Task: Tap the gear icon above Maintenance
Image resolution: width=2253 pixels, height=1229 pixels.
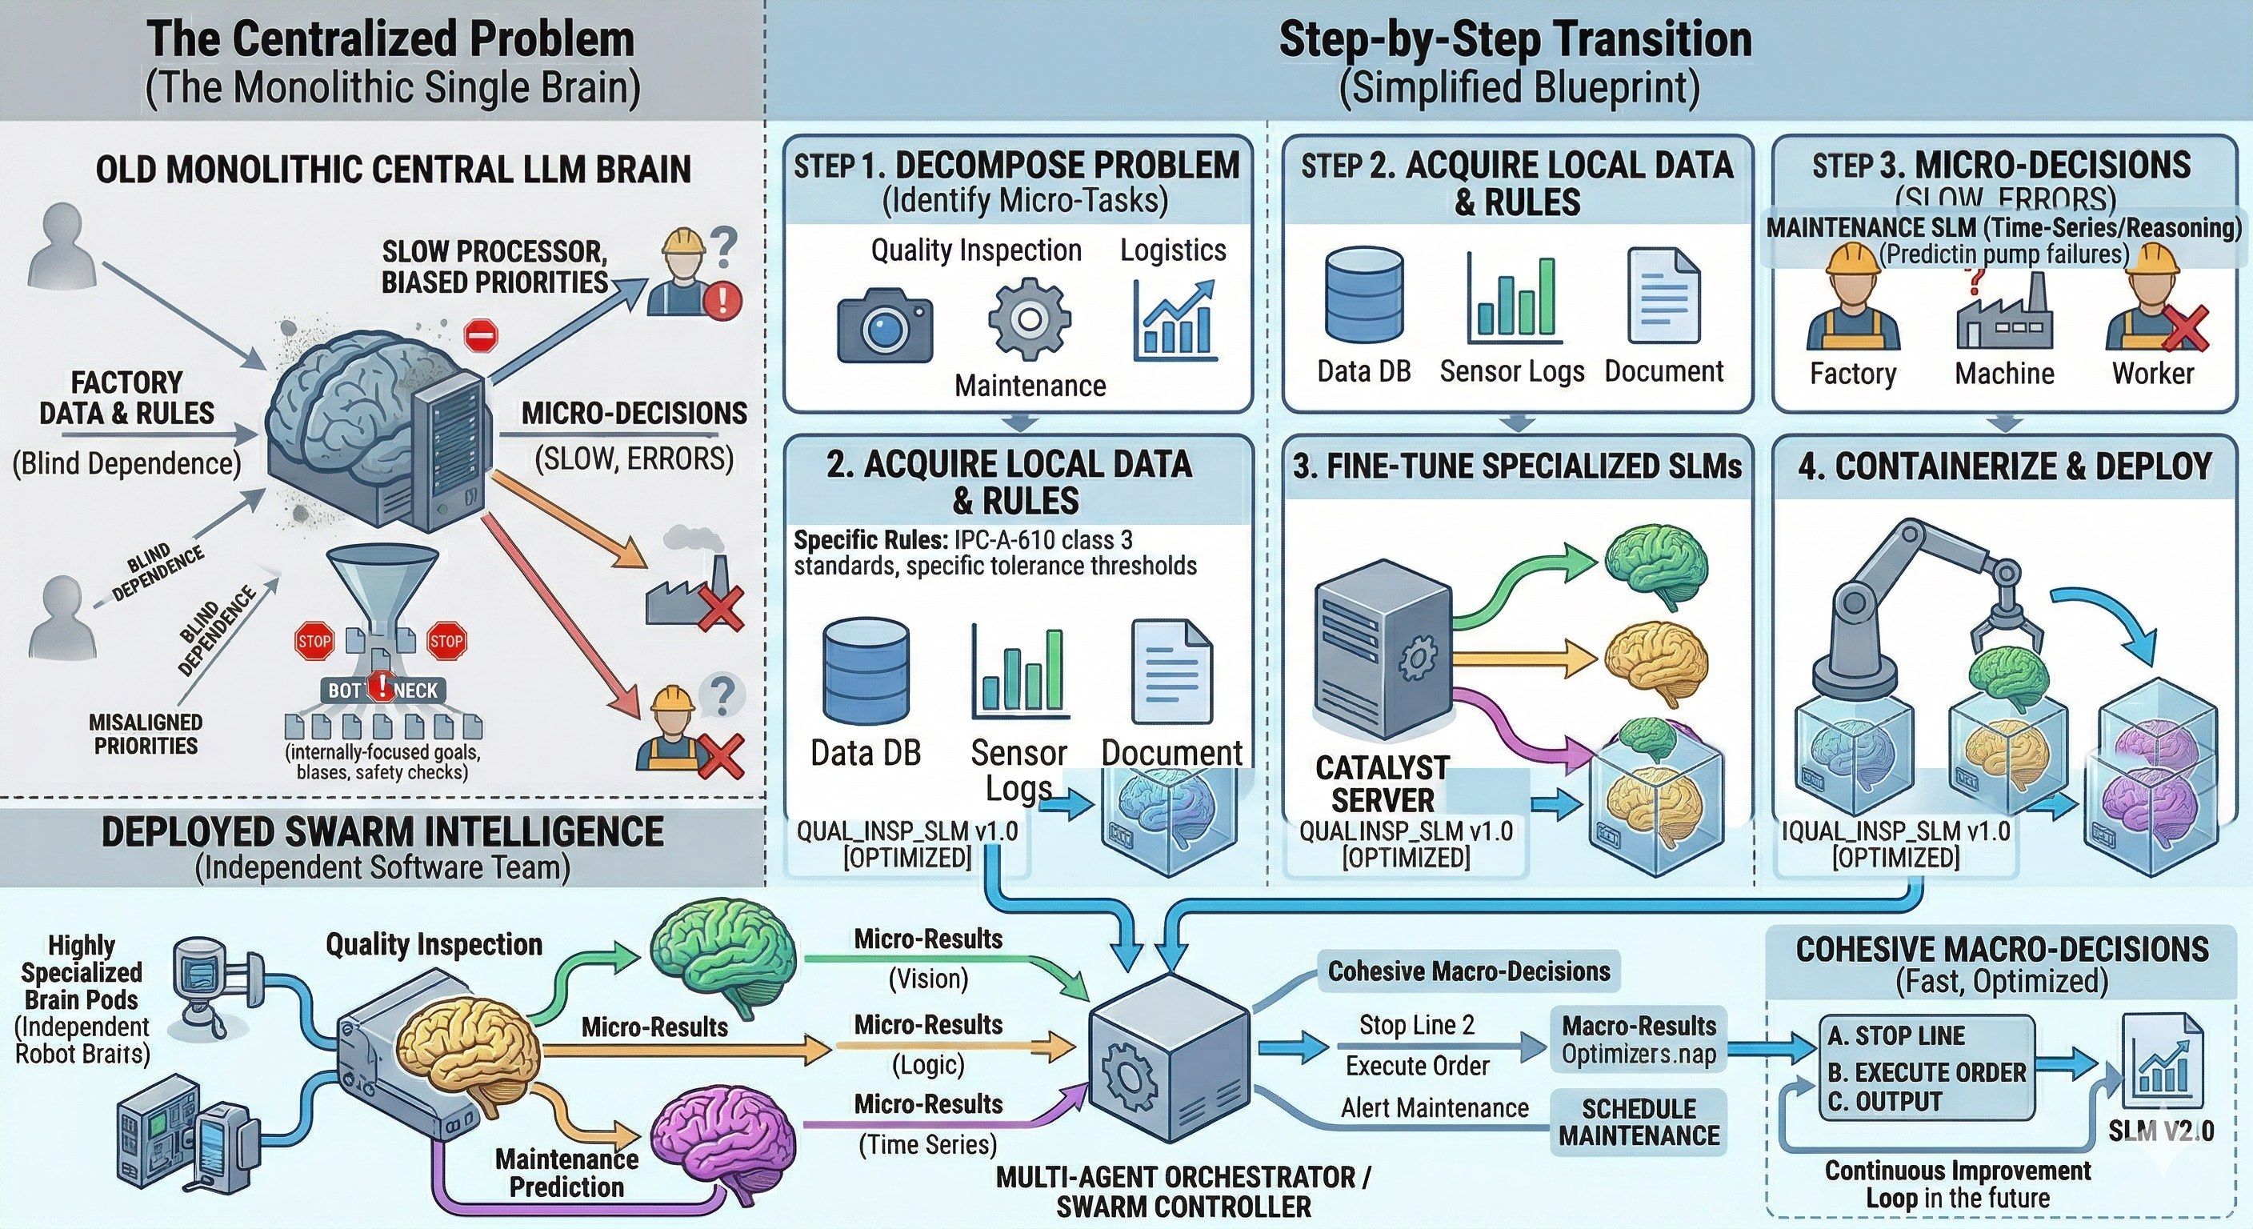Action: click(1030, 318)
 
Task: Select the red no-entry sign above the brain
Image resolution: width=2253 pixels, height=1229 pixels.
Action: click(480, 335)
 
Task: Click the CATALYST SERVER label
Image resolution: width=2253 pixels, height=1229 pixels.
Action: click(1382, 784)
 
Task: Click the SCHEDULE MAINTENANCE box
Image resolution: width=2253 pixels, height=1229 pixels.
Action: click(1639, 1122)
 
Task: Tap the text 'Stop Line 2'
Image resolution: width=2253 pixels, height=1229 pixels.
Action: click(1416, 1024)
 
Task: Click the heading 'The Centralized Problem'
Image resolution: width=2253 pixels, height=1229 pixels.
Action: click(390, 39)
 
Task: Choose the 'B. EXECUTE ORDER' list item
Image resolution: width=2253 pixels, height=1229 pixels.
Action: click(1926, 1071)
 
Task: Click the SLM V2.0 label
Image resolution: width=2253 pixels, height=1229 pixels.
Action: click(2160, 1131)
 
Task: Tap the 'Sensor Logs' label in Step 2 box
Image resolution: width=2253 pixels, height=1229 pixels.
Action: click(1511, 372)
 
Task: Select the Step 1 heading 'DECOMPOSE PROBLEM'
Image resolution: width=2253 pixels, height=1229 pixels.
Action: click(1067, 166)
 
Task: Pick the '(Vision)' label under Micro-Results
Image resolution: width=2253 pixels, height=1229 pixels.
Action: click(928, 978)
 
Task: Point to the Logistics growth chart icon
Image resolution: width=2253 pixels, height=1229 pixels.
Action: click(1174, 320)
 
